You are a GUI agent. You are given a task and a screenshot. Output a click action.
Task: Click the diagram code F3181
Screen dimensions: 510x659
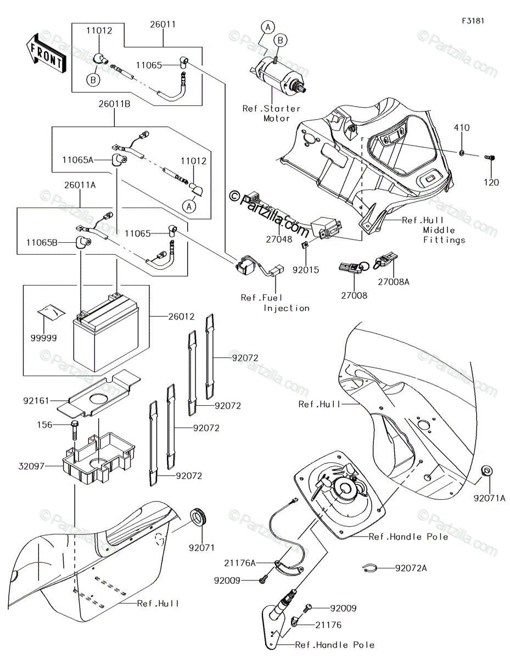pyautogui.click(x=473, y=21)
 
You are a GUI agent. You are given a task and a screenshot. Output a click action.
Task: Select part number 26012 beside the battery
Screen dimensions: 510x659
pyautogui.click(x=182, y=317)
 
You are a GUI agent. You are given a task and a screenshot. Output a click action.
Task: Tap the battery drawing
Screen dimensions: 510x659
pyautogui.click(x=106, y=332)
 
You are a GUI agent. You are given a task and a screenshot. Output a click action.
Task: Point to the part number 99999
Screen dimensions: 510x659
pyautogui.click(x=43, y=338)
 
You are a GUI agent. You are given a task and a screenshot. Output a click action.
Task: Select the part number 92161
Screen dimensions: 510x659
pyautogui.click(x=36, y=401)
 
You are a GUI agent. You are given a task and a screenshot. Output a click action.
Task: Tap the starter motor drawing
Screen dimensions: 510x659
pyautogui.click(x=278, y=76)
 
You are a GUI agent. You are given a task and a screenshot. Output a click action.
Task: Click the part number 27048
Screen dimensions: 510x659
pyautogui.click(x=279, y=239)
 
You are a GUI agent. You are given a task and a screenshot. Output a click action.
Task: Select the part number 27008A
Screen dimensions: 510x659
pyautogui.click(x=393, y=282)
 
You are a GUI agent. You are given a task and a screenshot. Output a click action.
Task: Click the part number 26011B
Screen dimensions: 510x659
pyautogui.click(x=114, y=104)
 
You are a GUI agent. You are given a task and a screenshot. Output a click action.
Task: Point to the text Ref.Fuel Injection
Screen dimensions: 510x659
pyautogui.click(x=275, y=303)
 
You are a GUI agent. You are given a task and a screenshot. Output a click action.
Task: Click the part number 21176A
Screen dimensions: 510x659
pyautogui.click(x=240, y=563)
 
